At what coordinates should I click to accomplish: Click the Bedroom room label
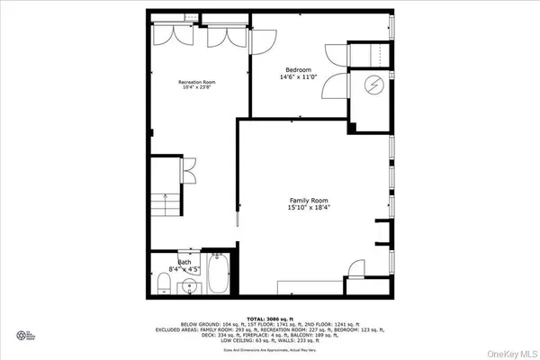(x=299, y=69)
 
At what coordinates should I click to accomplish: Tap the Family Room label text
(x=308, y=200)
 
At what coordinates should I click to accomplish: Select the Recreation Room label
(x=196, y=82)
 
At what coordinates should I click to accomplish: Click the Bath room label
(x=184, y=262)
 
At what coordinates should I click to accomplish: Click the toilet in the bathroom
(x=162, y=285)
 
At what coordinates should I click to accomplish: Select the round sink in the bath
(x=189, y=286)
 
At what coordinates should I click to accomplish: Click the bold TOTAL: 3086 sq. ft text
(x=269, y=319)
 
